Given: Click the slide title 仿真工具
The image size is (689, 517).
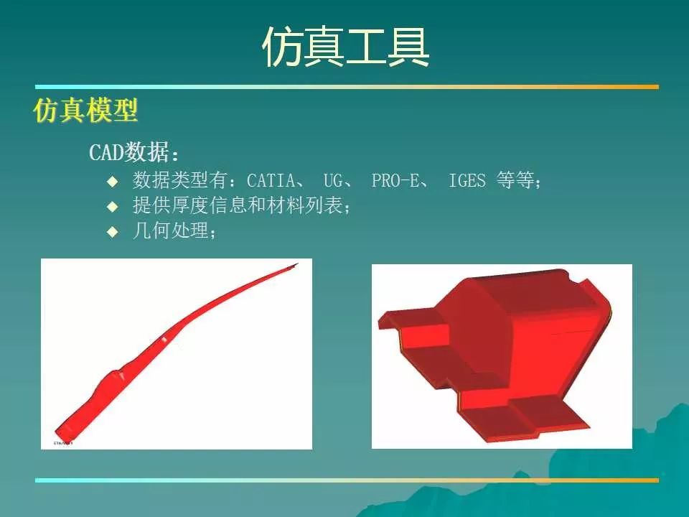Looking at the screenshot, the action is tap(345, 47).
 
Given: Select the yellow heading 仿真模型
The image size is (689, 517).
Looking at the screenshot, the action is tap(85, 110).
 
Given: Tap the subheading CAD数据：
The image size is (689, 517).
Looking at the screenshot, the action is tap(134, 152).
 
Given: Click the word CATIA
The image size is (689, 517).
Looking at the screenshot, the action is tap(271, 180).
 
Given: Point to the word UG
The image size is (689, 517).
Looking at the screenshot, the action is tap(332, 180).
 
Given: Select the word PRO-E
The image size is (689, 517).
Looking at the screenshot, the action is tap(395, 180).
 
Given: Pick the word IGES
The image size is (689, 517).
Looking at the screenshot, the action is tap(467, 180).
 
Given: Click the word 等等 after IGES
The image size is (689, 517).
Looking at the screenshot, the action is tap(515, 180).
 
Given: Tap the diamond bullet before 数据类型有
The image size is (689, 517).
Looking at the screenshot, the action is tap(113, 181).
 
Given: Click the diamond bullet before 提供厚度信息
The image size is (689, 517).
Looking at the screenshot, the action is tap(113, 206).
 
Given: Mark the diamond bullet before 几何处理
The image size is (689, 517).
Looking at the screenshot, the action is tap(113, 231).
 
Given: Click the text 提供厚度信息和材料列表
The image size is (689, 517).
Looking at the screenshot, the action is tap(238, 205).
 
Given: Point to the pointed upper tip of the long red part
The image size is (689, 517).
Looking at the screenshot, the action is tap(298, 264).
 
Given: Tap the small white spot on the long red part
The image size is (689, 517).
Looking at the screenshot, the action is tap(164, 339).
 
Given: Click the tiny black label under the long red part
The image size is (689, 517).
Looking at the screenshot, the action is tap(63, 443).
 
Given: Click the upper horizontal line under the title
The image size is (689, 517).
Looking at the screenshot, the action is tap(347, 87).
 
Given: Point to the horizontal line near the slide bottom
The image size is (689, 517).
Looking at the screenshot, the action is tap(347, 480).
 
